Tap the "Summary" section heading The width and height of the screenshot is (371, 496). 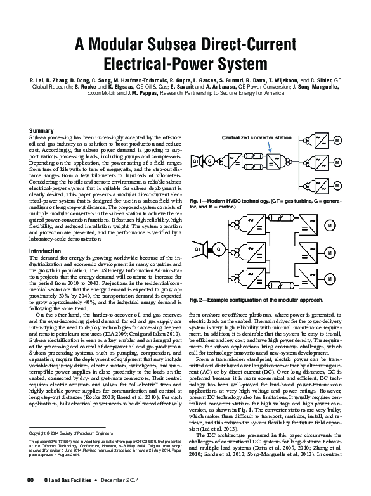click(41, 130)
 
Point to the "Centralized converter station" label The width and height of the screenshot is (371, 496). click(256, 137)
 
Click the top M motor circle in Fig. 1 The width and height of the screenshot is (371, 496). click(337, 139)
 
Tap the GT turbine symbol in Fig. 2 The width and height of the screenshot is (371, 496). click(199, 250)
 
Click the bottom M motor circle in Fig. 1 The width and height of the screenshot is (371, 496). click(337, 186)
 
